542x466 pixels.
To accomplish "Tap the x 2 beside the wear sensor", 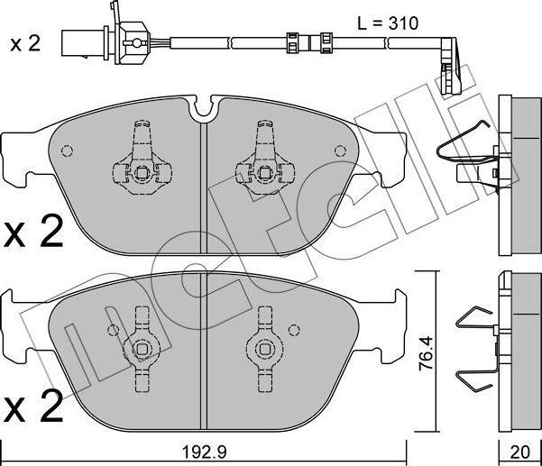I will pos(24,42).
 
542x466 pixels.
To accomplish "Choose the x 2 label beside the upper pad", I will pos(33,234).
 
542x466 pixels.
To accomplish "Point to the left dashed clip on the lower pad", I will pos(140,346).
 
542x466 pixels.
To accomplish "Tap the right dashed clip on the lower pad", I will pos(265,346).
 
